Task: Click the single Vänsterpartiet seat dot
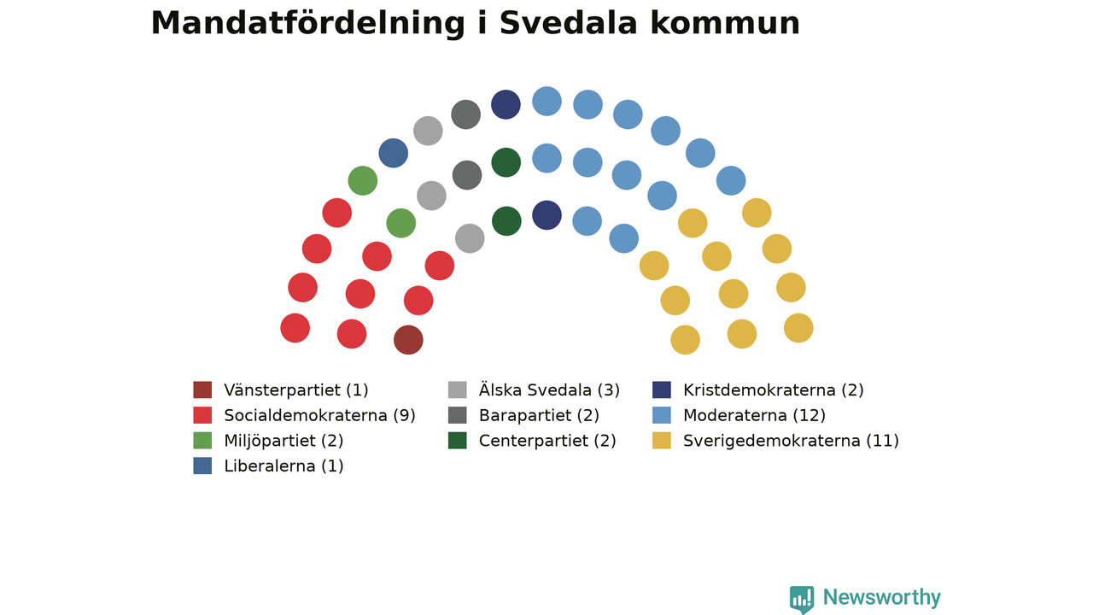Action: (408, 340)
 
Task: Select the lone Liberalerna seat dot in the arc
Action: (394, 153)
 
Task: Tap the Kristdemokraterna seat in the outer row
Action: (506, 104)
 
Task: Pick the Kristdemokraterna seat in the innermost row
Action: (546, 215)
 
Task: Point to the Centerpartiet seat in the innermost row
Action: (506, 221)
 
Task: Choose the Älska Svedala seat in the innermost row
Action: (470, 238)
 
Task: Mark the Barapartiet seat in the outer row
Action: (465, 114)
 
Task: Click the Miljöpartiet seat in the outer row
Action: (363, 180)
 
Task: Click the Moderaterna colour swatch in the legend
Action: (661, 415)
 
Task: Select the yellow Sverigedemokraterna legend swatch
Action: (661, 441)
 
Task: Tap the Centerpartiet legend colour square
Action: (457, 441)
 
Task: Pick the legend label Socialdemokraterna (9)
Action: (319, 415)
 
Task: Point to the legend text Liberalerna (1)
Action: (284, 466)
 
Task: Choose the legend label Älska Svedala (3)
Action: (549, 389)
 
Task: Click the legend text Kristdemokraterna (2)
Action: (774, 390)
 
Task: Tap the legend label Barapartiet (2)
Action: (539, 416)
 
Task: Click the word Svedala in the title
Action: (569, 23)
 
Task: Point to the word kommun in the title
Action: (725, 23)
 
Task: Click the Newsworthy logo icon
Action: (802, 599)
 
